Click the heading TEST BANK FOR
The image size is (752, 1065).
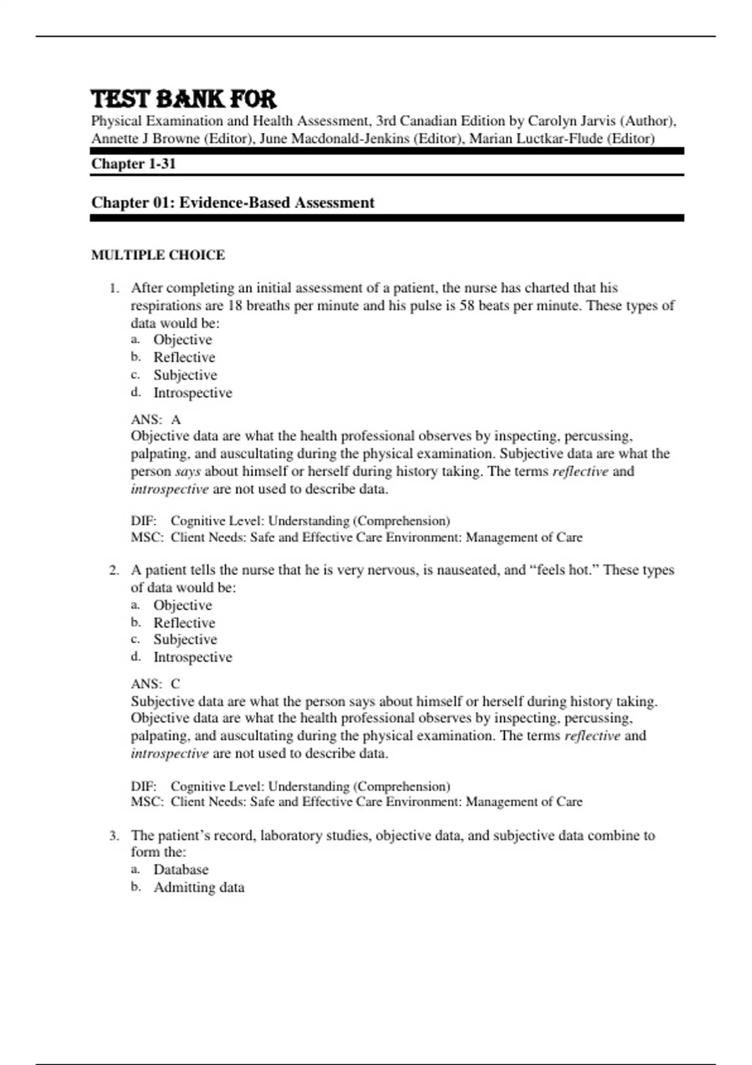pyautogui.click(x=183, y=99)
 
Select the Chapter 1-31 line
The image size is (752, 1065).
pyautogui.click(x=133, y=164)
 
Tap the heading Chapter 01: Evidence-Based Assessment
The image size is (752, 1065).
pyautogui.click(x=232, y=203)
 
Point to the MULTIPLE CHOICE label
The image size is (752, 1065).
pyautogui.click(x=158, y=255)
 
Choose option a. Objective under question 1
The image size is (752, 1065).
pyautogui.click(x=182, y=340)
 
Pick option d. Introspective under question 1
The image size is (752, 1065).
pyautogui.click(x=192, y=393)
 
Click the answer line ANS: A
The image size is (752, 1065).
pyautogui.click(x=156, y=420)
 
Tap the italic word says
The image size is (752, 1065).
pyautogui.click(x=187, y=472)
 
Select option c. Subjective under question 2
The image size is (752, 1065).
pyautogui.click(x=185, y=640)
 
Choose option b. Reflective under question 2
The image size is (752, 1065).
pyautogui.click(x=184, y=623)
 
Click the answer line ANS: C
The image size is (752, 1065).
pyautogui.click(x=155, y=684)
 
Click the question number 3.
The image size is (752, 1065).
pyautogui.click(x=113, y=836)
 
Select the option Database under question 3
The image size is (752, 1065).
pyautogui.click(x=180, y=870)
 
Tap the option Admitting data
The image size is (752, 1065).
pyautogui.click(x=199, y=888)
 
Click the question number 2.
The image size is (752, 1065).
pyautogui.click(x=113, y=571)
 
